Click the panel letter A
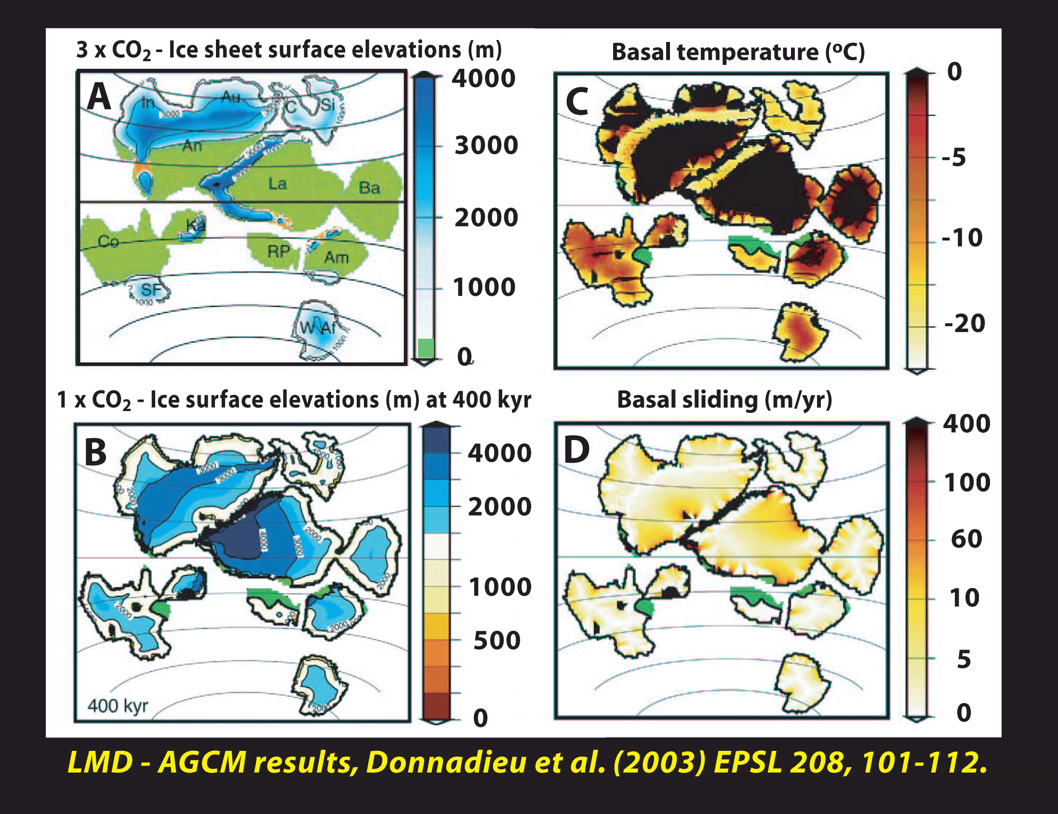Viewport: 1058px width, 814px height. click(99, 97)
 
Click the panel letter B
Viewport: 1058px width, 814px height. click(95, 451)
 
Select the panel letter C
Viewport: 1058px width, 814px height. click(576, 102)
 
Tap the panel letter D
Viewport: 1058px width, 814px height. click(576, 449)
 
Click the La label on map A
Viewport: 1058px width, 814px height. click(278, 184)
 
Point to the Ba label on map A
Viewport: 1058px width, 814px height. click(369, 188)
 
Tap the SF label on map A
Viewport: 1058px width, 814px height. click(151, 290)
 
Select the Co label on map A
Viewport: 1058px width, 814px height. click(108, 241)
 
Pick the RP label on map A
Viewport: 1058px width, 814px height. click(279, 251)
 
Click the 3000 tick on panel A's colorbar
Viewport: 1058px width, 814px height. click(486, 145)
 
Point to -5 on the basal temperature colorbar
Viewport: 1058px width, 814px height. click(953, 158)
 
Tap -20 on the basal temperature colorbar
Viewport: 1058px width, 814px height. click(964, 323)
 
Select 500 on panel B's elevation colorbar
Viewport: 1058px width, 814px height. click(496, 640)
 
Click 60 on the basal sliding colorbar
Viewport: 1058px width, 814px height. click(966, 539)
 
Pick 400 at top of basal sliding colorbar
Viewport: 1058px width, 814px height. click(966, 424)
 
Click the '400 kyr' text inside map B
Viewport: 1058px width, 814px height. click(118, 706)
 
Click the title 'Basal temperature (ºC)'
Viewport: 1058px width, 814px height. click(738, 53)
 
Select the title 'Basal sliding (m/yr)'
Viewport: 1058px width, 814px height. click(724, 400)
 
